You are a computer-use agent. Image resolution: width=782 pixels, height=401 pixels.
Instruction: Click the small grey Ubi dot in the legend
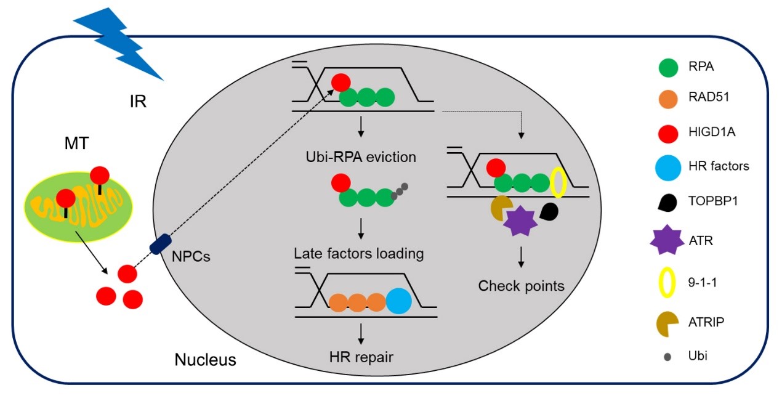[667, 356]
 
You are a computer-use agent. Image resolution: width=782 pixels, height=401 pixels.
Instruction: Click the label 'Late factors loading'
[358, 253]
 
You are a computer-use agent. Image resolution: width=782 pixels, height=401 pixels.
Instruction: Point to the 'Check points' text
[521, 286]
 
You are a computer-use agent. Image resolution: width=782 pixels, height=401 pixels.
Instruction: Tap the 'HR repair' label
[360, 355]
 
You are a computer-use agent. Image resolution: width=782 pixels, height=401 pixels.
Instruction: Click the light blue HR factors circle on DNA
[398, 302]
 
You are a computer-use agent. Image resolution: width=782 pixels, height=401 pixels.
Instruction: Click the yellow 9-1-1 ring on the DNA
[558, 183]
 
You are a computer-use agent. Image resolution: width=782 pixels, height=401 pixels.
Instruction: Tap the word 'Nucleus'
[205, 359]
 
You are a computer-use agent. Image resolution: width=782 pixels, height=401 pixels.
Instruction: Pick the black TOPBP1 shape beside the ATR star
[549, 213]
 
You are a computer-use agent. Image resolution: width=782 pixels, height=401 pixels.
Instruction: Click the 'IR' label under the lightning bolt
[137, 101]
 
